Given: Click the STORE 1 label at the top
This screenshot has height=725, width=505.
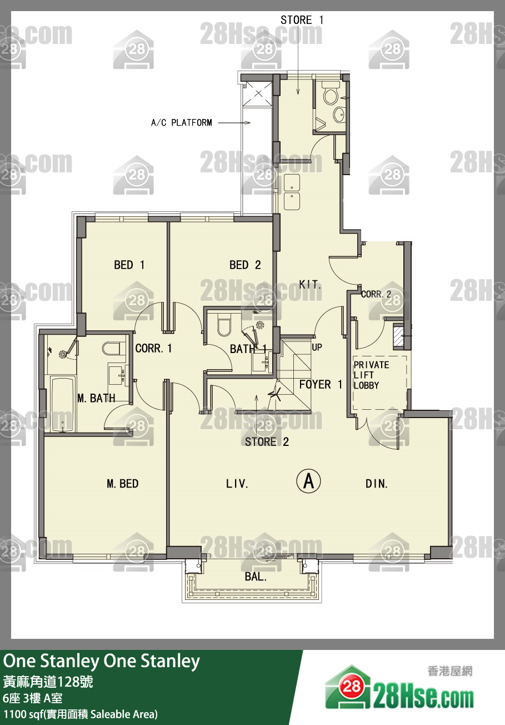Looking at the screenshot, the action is tap(302, 20).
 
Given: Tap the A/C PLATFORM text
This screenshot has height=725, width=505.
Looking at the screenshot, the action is tap(182, 123).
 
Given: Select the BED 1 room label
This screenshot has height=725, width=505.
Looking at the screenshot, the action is tap(129, 265).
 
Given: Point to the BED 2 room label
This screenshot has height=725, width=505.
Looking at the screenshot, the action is tap(245, 265).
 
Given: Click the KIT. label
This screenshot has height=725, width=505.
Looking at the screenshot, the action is tap(310, 285).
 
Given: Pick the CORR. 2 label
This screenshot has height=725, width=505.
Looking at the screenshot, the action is tap(376, 294).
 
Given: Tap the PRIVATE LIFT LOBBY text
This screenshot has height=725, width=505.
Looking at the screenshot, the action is tap(371, 375).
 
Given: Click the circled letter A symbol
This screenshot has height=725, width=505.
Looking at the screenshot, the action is tap(309, 481).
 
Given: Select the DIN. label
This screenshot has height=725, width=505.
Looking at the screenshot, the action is tap(376, 484).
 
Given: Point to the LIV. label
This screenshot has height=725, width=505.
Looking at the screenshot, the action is tap(237, 484).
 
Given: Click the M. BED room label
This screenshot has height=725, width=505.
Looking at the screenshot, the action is tap(123, 484).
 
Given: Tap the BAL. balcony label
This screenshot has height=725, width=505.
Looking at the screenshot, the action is tap(256, 577).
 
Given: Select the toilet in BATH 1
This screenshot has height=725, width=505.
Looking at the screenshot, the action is tap(224, 324).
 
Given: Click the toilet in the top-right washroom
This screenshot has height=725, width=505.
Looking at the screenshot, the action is tap(331, 93).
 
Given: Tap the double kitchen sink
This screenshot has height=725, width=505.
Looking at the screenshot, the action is tap(292, 192).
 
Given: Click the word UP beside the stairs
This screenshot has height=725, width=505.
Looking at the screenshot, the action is tap(317, 347).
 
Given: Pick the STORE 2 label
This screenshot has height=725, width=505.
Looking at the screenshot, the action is tap(267, 442).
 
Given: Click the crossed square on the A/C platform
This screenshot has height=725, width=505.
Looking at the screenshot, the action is tap(258, 94).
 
